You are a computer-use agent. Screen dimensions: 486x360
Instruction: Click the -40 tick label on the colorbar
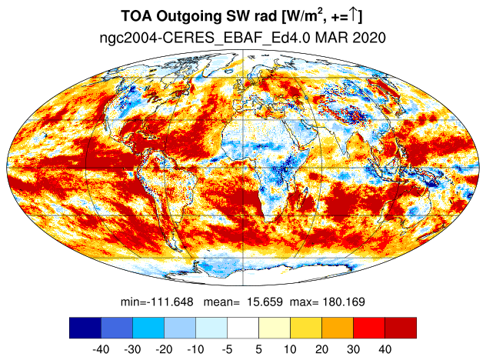[x=101, y=349]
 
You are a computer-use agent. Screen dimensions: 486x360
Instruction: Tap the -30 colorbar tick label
[x=132, y=349]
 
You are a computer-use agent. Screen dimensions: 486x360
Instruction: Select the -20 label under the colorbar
[x=164, y=349]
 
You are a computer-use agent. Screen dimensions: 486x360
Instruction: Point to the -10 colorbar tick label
[x=195, y=349]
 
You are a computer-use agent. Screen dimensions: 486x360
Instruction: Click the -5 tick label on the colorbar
[x=227, y=349]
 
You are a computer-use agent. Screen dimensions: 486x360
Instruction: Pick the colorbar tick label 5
[x=259, y=349]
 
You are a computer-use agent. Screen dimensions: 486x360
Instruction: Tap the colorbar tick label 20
[x=321, y=349]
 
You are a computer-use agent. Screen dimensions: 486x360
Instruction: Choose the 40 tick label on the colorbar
[x=385, y=349]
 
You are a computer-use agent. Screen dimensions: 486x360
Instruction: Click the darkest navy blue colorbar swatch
[x=85, y=328]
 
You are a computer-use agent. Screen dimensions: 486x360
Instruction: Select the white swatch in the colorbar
[x=243, y=328]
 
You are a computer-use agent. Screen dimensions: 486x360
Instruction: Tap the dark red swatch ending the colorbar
[x=401, y=328]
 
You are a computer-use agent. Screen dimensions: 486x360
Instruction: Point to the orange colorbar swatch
[x=338, y=328]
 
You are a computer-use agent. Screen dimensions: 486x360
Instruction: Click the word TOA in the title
[x=137, y=16]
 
